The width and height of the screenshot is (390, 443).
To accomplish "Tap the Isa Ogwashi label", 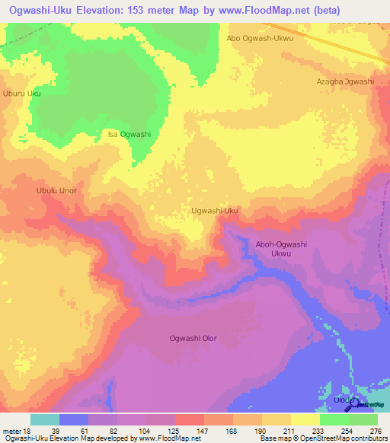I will click(x=129, y=134).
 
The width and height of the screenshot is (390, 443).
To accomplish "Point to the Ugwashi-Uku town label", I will click(x=215, y=210).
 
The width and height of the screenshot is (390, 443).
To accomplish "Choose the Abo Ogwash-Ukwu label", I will click(x=261, y=37).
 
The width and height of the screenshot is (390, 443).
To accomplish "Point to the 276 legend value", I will click(x=376, y=431).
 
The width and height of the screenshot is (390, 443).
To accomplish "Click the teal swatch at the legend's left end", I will click(x=44, y=419).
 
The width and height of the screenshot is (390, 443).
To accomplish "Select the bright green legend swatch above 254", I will click(x=334, y=419).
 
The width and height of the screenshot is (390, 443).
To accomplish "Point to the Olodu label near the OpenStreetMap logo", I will click(x=340, y=400).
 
